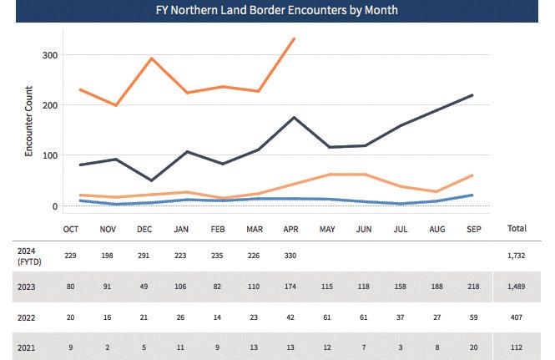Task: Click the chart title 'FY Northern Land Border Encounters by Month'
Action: [x=276, y=11]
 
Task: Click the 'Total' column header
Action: [x=517, y=228]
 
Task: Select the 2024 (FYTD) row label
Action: [x=28, y=256]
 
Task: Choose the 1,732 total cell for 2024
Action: [x=517, y=256]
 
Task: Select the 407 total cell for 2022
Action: [x=517, y=318]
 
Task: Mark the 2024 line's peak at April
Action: [x=294, y=39]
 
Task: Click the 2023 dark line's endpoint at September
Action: [x=473, y=95]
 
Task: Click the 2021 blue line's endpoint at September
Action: [x=473, y=195]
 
